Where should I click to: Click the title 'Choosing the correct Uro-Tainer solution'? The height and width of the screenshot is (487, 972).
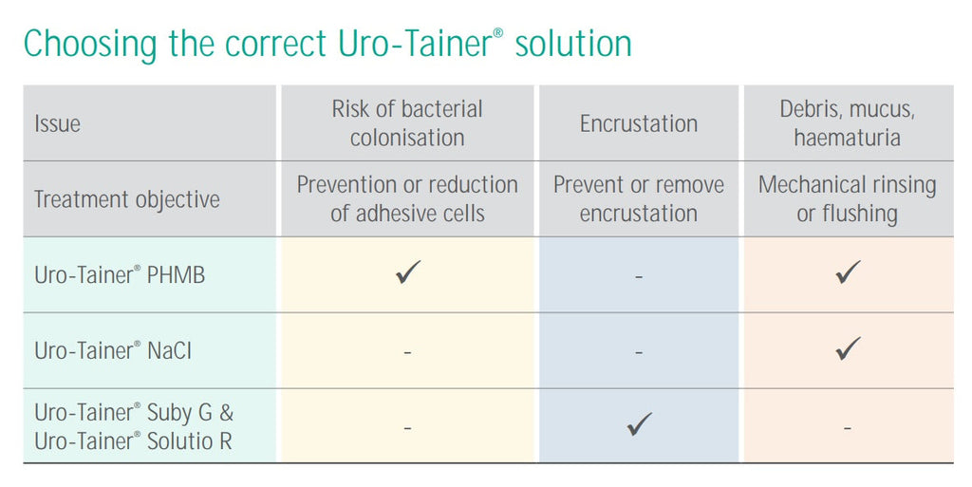tap(327, 44)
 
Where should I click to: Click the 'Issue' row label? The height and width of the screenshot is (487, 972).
tap(58, 123)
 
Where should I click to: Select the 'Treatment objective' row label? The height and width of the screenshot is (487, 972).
tap(126, 199)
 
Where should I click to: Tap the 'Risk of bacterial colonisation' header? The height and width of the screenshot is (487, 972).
tap(407, 123)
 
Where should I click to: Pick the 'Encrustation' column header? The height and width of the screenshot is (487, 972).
tap(639, 123)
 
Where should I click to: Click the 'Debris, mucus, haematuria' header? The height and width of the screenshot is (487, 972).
tap(848, 123)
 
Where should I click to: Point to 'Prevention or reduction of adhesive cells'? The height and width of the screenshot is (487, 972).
tap(407, 199)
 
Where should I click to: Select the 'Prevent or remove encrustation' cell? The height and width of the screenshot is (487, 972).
tap(639, 199)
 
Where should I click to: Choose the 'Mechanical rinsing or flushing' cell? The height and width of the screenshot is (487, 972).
tap(848, 199)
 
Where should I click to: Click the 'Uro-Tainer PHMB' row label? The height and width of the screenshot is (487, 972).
tap(119, 275)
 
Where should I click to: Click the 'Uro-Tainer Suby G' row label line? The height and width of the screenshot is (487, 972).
tap(134, 413)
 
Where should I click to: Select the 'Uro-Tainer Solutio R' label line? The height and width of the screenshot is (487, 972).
tap(133, 440)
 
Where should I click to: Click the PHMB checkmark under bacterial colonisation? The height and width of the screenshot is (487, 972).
tap(408, 273)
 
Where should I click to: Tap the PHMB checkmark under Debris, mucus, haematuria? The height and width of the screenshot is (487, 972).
tap(848, 273)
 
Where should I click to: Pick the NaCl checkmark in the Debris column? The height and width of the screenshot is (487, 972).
tap(848, 348)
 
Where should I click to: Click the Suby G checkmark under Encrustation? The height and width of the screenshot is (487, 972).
tap(640, 424)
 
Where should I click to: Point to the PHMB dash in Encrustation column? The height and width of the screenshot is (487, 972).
tap(639, 277)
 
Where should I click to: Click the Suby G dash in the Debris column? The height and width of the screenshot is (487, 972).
tap(848, 429)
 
